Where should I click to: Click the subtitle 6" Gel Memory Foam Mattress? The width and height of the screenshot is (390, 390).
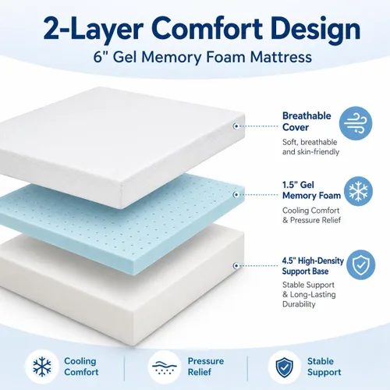coord(203,57)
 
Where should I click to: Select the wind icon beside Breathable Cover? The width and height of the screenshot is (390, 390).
coord(356,123)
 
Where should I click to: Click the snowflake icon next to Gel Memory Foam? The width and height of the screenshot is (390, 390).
coord(358,191)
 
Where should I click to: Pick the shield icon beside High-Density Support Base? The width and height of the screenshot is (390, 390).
coord(360,264)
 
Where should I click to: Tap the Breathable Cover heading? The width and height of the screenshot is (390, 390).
coord(307,122)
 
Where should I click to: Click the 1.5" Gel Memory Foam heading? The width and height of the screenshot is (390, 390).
coord(311,190)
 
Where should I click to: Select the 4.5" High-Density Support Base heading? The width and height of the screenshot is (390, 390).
coord(313,266)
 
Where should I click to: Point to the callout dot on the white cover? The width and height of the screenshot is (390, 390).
coord(236,126)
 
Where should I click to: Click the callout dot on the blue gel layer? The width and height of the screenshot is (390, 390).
coord(236,194)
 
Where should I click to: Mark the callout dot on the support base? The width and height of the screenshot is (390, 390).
coord(236,266)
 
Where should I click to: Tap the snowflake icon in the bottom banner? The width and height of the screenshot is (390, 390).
coord(42,367)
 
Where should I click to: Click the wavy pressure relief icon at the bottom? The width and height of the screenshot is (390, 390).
coord(165,367)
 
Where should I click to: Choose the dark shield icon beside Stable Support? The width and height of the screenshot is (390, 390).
coord(284,367)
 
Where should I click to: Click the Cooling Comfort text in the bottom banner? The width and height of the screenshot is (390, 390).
coord(81,367)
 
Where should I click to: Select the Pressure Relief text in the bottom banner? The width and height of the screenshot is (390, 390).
coord(206,367)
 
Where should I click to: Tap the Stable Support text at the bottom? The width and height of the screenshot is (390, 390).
coord(324,367)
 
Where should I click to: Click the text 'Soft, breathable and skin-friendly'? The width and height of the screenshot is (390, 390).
coord(311,147)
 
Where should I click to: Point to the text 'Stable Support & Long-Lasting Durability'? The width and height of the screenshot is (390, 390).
coord(309,294)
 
